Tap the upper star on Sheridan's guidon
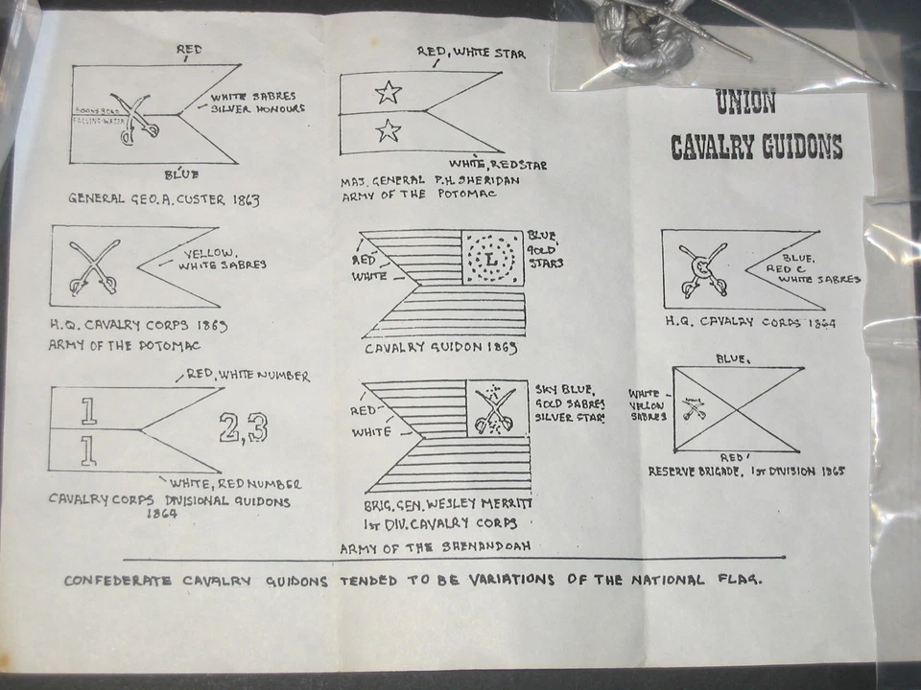(388, 92)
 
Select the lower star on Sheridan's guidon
(389, 130)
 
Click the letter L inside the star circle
(493, 259)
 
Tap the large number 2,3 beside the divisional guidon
(243, 428)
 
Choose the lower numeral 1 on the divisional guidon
(89, 449)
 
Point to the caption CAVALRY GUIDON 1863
(440, 348)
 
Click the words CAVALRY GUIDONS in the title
(756, 147)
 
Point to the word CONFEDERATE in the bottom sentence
(117, 581)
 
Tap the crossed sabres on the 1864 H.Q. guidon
(701, 271)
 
